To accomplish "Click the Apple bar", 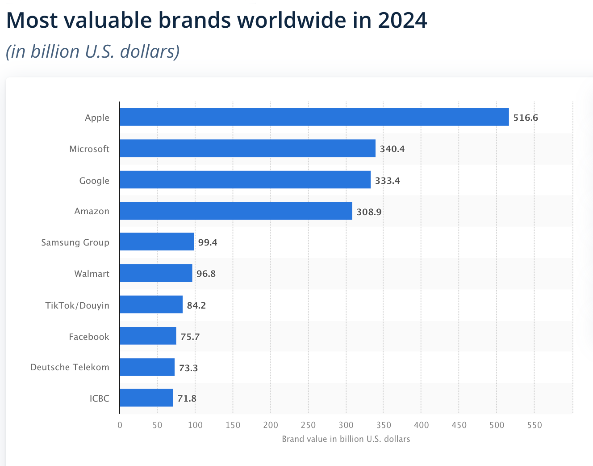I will tap(314, 117).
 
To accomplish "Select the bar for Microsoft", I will tap(247, 148).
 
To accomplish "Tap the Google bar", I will tap(245, 179).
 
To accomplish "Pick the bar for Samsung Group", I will tap(157, 241).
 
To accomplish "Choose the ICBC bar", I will tap(146, 398).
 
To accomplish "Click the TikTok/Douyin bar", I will tap(151, 304).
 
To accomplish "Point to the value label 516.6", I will tap(526, 118).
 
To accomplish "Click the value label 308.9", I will tap(369, 212).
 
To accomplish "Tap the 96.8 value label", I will tap(206, 274).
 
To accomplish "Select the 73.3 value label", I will tap(188, 368).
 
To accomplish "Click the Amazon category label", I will tap(92, 211).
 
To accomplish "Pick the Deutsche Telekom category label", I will tap(70, 367).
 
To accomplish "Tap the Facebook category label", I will tap(89, 337).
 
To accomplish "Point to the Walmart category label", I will tap(92, 274).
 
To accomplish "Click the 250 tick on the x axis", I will tap(308, 425).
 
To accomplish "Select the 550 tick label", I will tap(534, 425).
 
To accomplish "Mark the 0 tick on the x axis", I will tap(120, 425).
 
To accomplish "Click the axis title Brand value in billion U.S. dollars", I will tap(346, 439).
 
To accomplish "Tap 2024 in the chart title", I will tap(402, 20).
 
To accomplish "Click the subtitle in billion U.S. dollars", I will tap(93, 51).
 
